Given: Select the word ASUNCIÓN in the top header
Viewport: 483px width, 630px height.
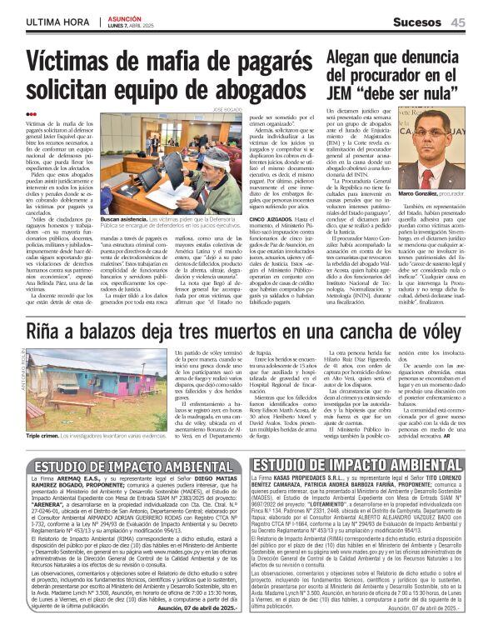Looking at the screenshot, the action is click(x=127, y=17).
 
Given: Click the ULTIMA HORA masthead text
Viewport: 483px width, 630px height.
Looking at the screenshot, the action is click(x=57, y=21).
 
